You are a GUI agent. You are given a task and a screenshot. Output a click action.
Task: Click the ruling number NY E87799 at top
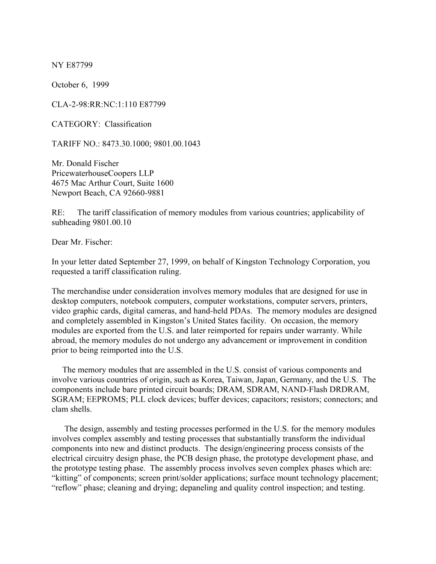pyautogui.click(x=72, y=65)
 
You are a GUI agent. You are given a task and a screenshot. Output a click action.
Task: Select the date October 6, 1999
pyautogui.click(x=80, y=85)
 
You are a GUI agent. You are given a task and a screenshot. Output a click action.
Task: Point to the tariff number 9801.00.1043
pyautogui.click(x=176, y=144)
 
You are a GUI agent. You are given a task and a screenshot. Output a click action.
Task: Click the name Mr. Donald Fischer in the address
pyautogui.click(x=85, y=164)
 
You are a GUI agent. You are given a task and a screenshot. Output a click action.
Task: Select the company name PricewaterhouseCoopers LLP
pyautogui.click(x=103, y=173)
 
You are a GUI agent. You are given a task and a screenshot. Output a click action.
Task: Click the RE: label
pyautogui.click(x=58, y=213)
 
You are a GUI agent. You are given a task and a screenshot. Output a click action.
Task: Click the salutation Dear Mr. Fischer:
pyautogui.click(x=82, y=242)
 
